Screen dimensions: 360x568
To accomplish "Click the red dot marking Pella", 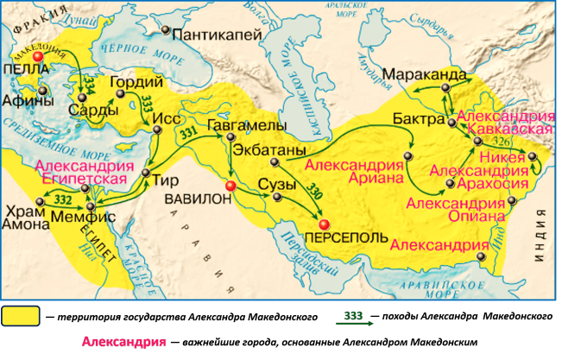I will pyautogui.click(x=37, y=55).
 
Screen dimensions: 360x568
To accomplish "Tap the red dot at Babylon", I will pyautogui.click(x=230, y=186).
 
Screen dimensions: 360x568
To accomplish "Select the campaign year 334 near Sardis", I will pyautogui.click(x=87, y=84).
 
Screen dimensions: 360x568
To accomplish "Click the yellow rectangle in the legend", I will pyautogui.click(x=21, y=316).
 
